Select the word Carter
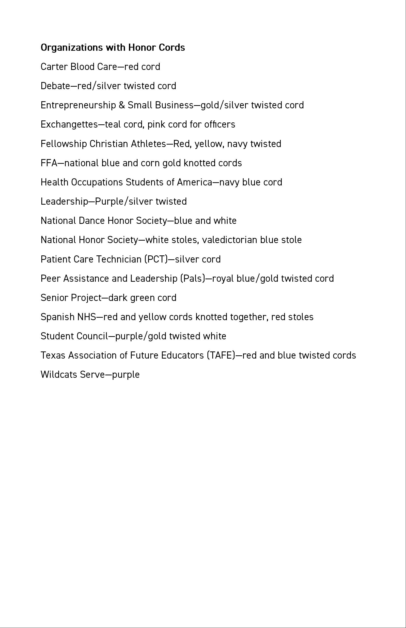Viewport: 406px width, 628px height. [x=54, y=67]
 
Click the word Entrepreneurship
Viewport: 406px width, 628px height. [x=78, y=105]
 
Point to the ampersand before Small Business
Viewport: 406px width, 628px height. [x=122, y=105]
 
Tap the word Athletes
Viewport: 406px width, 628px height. [x=148, y=144]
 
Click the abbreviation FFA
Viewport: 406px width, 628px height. [x=49, y=163]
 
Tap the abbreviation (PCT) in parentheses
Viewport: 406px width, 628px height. [x=156, y=259]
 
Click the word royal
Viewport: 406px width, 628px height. [x=223, y=279]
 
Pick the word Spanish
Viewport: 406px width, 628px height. [x=58, y=317]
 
